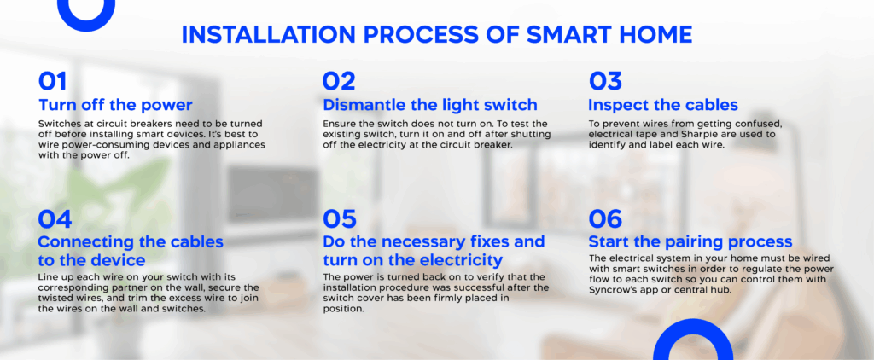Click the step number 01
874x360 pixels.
(53, 81)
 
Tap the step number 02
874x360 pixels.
(338, 81)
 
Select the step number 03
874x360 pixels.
(605, 81)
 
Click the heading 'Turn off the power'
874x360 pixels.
(115, 105)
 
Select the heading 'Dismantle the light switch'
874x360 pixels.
(429, 105)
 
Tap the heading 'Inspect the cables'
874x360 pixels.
(662, 105)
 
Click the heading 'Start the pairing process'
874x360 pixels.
(690, 241)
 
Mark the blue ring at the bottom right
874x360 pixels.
(692, 348)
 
